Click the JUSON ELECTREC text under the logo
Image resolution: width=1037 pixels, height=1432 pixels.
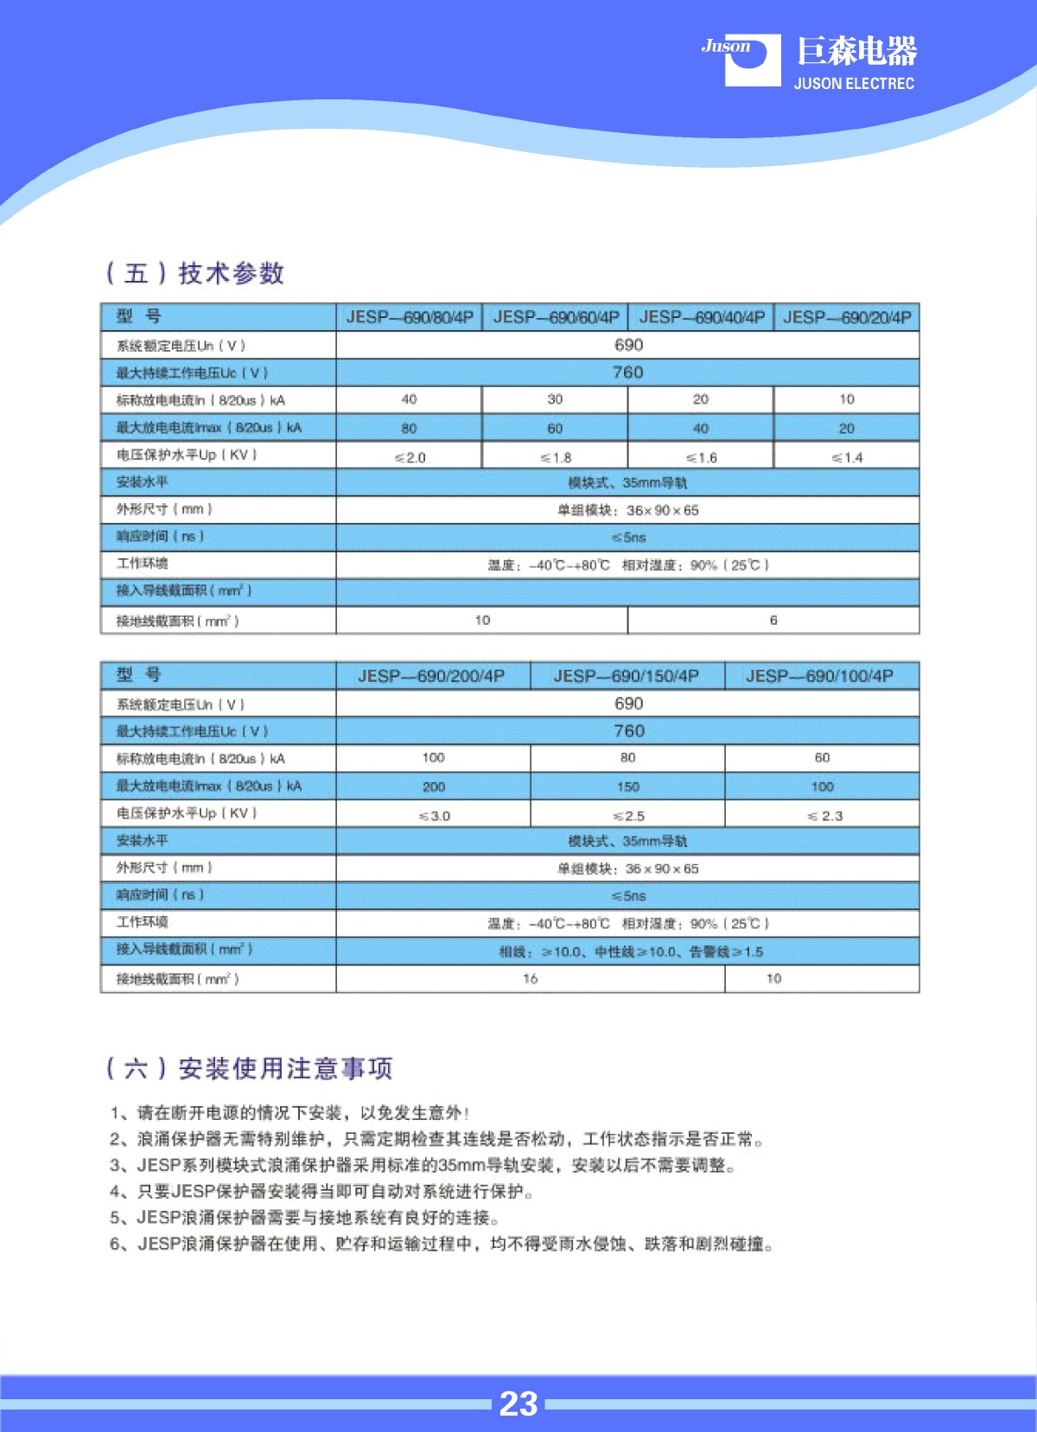(x=854, y=84)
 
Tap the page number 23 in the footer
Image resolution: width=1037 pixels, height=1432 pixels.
(x=518, y=1403)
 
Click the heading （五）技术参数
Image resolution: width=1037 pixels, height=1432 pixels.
(x=195, y=273)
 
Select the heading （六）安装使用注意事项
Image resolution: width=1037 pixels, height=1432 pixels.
(x=249, y=1068)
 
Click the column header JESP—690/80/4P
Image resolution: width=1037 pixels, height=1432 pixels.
(x=410, y=317)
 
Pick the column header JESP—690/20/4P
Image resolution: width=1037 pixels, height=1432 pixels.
(x=847, y=317)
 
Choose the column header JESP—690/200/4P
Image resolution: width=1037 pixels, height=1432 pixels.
(x=432, y=676)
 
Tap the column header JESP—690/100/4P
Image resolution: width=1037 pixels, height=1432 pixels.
(x=820, y=676)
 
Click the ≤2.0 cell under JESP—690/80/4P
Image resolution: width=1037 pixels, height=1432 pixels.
(x=410, y=457)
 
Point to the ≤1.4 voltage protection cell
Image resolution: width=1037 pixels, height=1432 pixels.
(x=847, y=457)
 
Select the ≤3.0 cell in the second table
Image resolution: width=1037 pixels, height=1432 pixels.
(x=434, y=816)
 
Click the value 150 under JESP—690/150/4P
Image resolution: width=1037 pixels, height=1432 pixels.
(x=628, y=786)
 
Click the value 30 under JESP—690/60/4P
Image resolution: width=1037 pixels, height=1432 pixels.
(x=555, y=399)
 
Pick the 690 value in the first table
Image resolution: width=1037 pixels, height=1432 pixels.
(x=628, y=345)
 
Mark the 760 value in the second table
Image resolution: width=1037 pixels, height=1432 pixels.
(x=628, y=731)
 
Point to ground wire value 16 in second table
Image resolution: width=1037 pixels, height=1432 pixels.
(x=530, y=978)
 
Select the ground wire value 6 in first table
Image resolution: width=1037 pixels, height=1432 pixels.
(x=773, y=620)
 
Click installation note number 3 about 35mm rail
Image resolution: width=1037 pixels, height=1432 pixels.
(x=423, y=1165)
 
